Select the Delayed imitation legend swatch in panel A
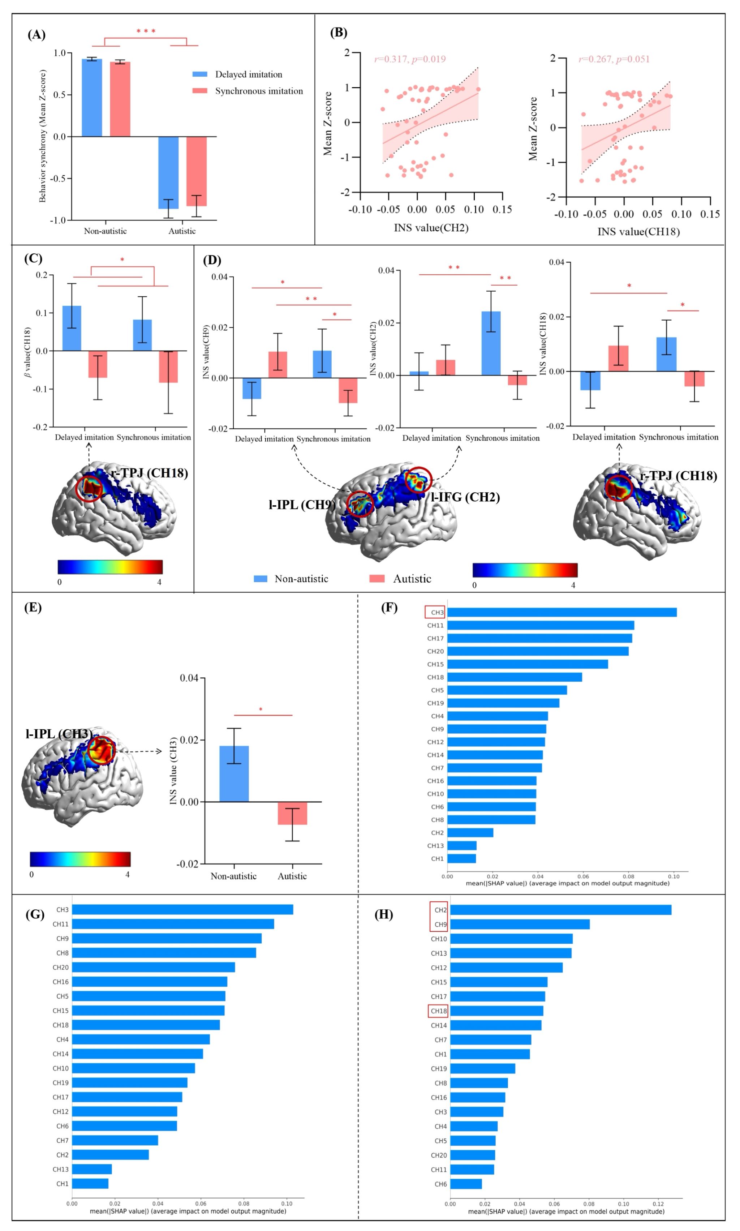pos(200,74)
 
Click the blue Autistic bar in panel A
pos(168,172)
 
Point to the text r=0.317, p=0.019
pos(410,59)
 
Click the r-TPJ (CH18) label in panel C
pos(150,473)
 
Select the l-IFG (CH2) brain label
pos(465,497)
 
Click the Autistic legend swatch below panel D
pos(377,579)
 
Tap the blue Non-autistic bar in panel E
pos(234,773)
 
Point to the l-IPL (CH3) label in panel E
pos(59,734)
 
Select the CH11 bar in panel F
pos(541,626)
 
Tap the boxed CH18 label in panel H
pos(438,1011)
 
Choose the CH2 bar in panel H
pos(560,910)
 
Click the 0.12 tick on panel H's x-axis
pos(658,1204)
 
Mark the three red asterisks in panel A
pos(146,31)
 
